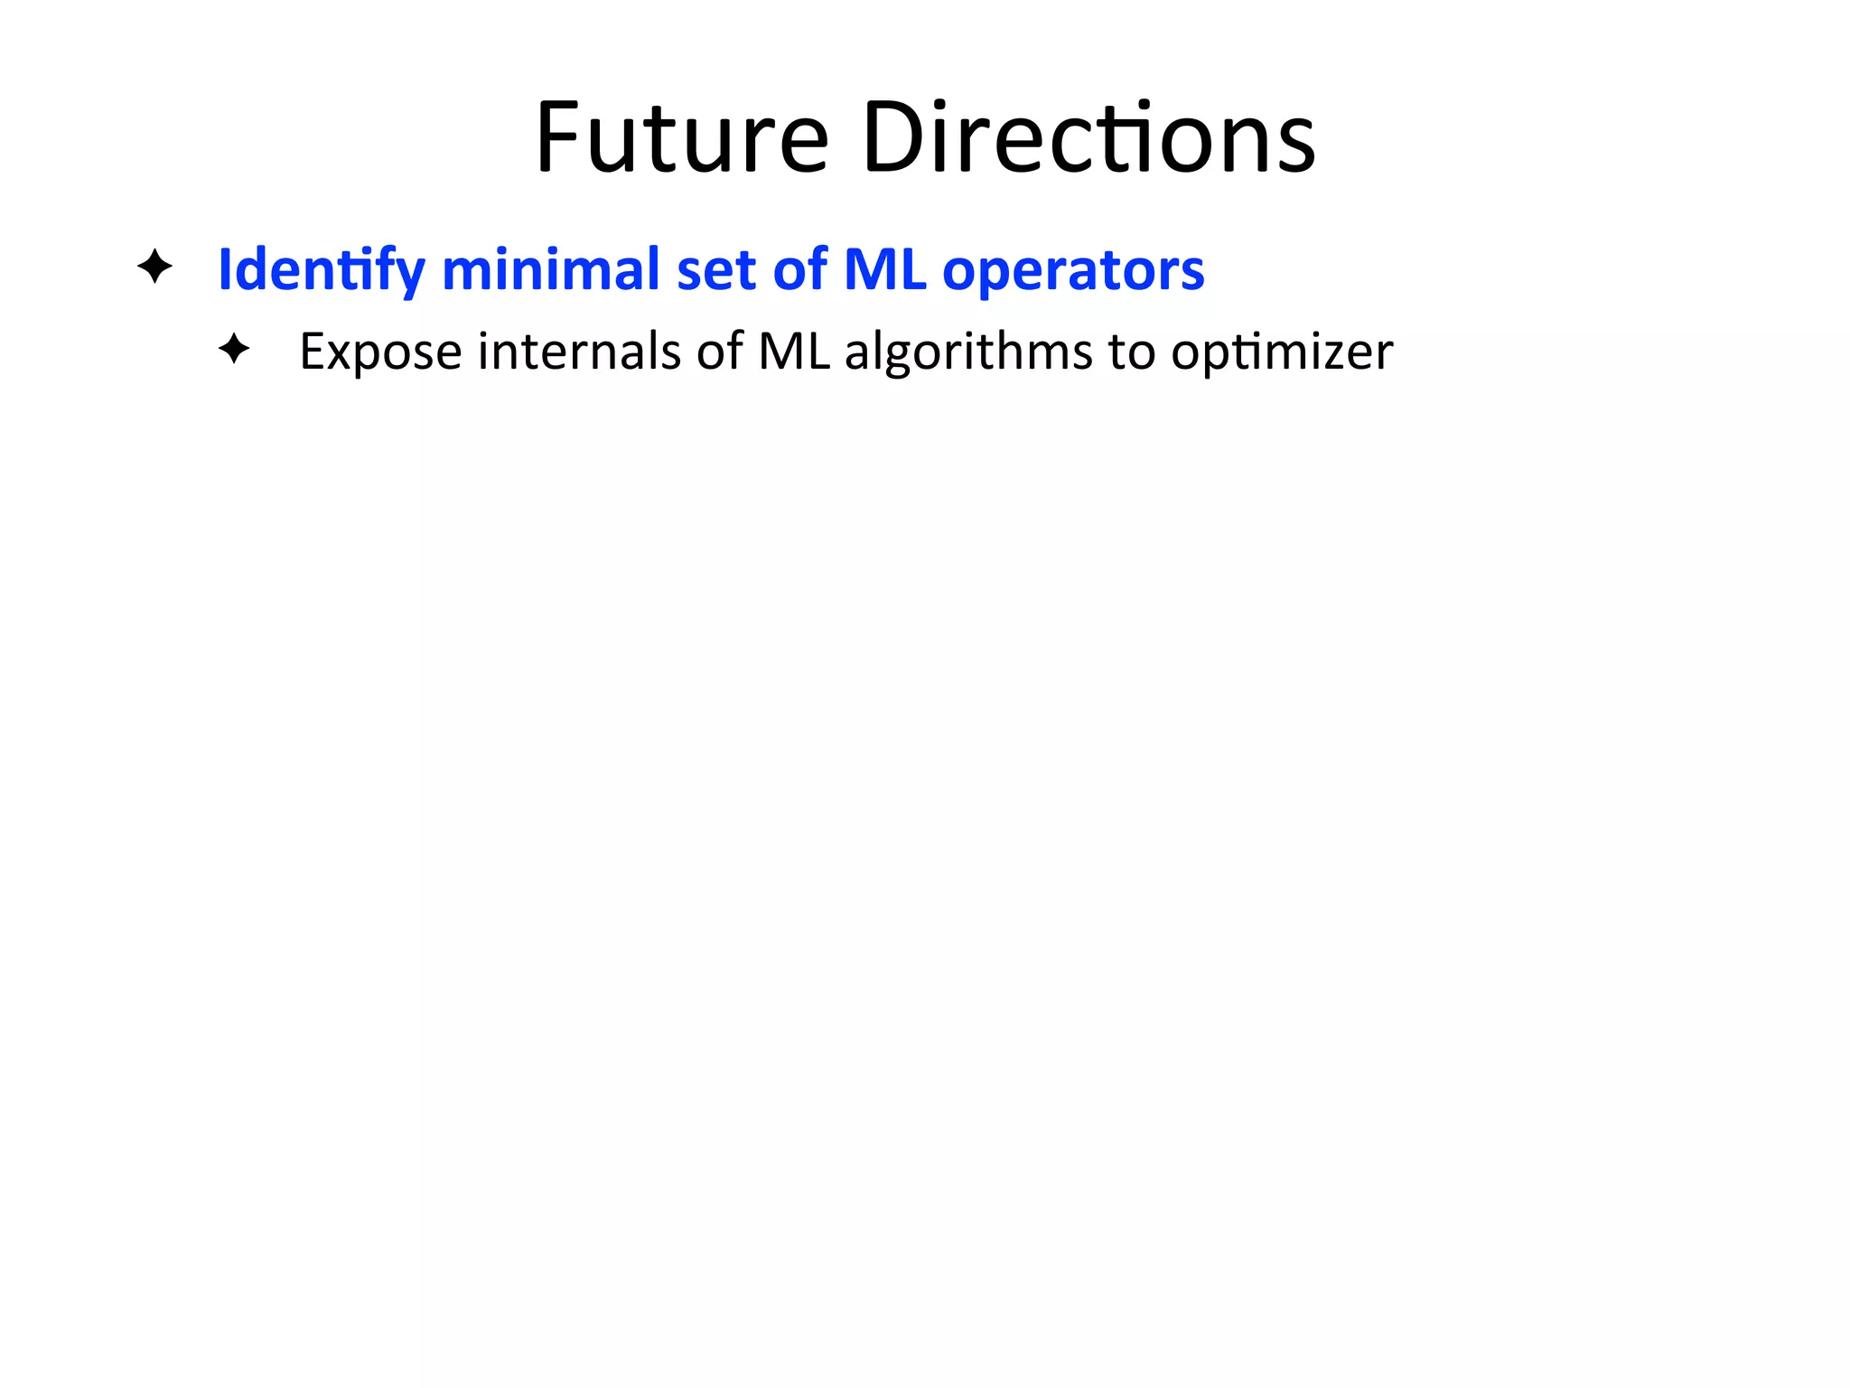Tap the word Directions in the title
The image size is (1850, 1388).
click(1089, 137)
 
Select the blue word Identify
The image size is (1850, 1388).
click(321, 269)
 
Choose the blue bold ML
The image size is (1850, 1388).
click(884, 268)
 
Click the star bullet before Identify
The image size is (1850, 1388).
click(154, 267)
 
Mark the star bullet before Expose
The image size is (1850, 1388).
click(234, 349)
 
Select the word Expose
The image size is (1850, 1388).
click(380, 352)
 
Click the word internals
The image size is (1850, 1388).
click(579, 351)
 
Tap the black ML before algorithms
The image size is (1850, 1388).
click(793, 351)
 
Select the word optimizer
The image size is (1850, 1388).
click(1282, 352)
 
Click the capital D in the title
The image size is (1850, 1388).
click(892, 137)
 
